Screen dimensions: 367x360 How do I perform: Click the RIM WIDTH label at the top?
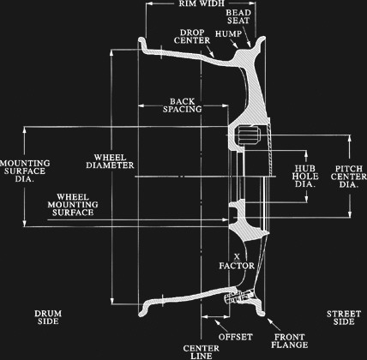(202, 3)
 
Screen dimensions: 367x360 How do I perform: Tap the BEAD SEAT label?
(238, 16)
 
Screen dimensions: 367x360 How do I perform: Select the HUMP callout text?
(228, 33)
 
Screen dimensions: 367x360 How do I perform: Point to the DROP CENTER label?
(192, 37)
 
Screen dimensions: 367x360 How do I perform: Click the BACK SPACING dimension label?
(183, 105)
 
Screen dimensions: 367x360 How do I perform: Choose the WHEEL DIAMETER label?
(110, 161)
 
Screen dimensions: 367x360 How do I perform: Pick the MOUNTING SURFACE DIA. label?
(25, 171)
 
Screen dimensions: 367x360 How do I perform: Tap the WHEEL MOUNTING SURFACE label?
(73, 205)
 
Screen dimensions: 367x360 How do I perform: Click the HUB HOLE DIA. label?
(305, 176)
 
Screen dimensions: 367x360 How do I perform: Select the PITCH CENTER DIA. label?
(349, 177)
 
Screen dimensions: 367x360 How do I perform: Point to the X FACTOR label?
(237, 261)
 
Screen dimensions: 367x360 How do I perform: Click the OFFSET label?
(236, 337)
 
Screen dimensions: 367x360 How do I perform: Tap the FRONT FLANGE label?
(290, 341)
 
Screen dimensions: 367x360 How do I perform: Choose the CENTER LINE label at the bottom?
(202, 352)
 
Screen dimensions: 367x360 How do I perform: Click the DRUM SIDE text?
(48, 317)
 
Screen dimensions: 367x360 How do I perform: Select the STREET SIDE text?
(344, 318)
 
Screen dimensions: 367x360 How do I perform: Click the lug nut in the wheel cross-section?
(248, 135)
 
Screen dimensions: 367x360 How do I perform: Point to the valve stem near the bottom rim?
(238, 297)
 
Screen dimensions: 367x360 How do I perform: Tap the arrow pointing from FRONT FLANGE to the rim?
(274, 325)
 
